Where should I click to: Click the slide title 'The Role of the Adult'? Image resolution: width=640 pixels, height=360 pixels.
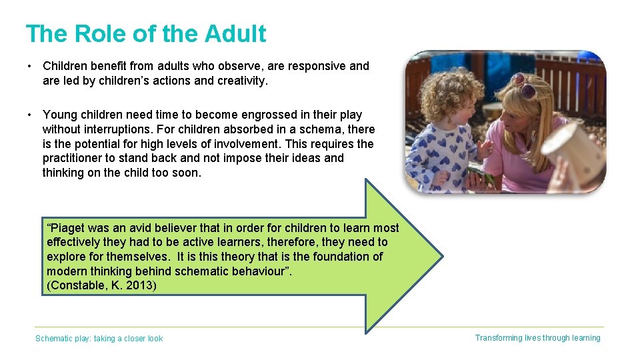point(145,33)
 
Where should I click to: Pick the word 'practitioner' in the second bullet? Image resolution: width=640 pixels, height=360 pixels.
point(74,158)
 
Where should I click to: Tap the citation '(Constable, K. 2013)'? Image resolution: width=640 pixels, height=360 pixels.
point(102,285)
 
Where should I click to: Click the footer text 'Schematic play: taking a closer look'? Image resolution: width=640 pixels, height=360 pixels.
point(99,339)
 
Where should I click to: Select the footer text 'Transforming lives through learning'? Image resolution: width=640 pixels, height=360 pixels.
point(537,338)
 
